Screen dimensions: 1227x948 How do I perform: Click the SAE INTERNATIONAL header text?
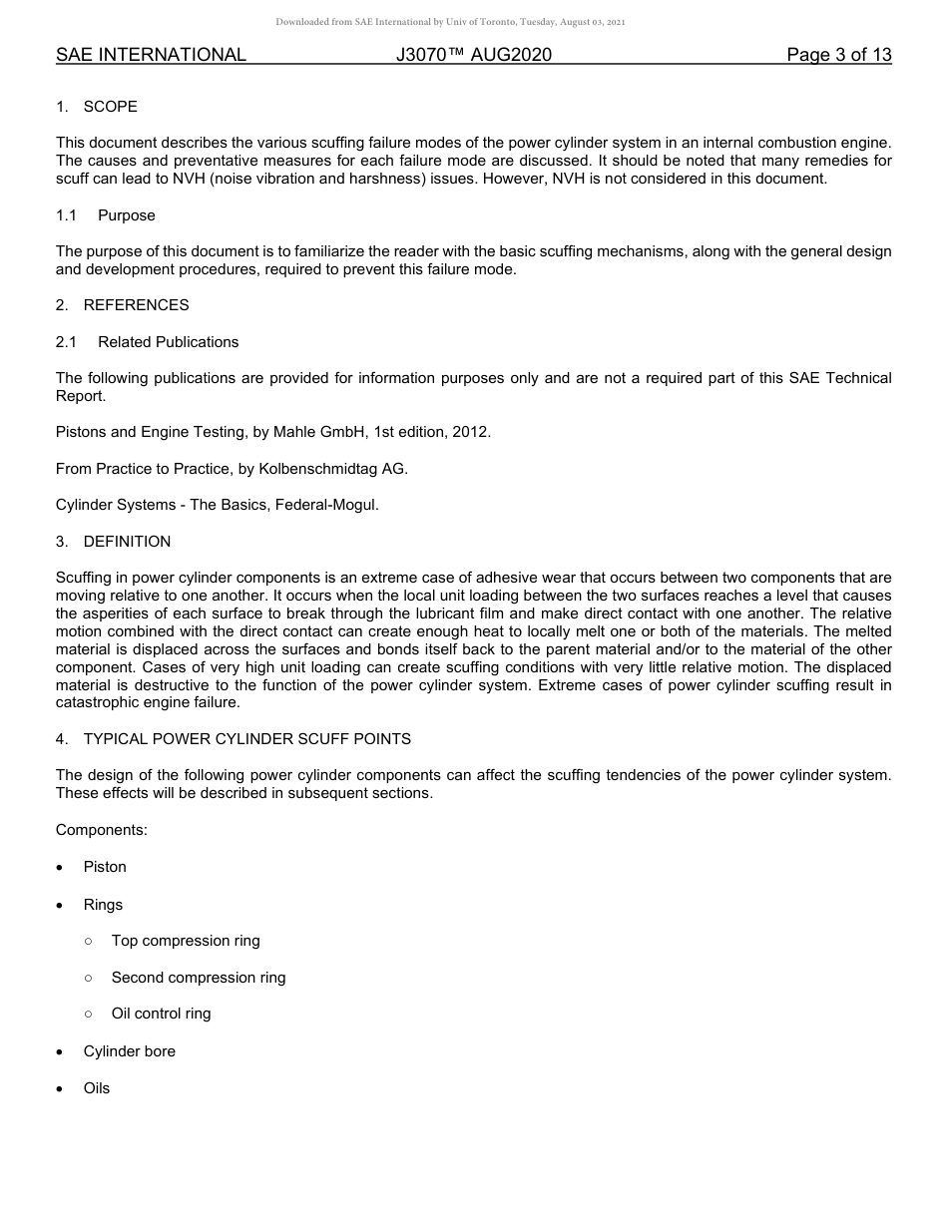(x=151, y=55)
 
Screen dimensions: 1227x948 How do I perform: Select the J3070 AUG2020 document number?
(x=473, y=55)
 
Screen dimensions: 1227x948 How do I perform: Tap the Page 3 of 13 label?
(x=838, y=55)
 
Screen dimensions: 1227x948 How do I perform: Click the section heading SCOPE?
(x=110, y=107)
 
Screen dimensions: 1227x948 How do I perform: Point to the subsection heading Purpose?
(x=126, y=215)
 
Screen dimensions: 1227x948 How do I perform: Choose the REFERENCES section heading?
(x=136, y=305)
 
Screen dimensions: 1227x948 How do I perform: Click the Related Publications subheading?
(x=168, y=342)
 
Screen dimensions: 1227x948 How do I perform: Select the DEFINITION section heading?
(x=127, y=542)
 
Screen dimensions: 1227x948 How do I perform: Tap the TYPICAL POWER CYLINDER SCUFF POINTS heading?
(x=246, y=739)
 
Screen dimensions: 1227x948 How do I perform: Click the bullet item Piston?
(x=105, y=867)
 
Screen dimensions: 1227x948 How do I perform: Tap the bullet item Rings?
(x=103, y=905)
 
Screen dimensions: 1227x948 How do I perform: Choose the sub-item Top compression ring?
(x=186, y=941)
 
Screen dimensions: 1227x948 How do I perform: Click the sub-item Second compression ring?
(x=199, y=978)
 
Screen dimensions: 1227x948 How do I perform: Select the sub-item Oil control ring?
(x=161, y=1014)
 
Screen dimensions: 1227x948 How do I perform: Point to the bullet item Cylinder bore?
(x=129, y=1051)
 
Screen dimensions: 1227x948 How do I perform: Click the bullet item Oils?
(x=97, y=1088)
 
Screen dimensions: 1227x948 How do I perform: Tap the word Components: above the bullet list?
(x=101, y=830)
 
